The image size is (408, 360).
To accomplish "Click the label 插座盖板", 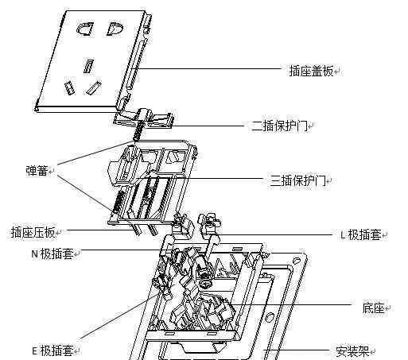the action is click(311, 71).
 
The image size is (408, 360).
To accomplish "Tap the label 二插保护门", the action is click(279, 126).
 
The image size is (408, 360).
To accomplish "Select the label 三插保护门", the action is click(297, 180).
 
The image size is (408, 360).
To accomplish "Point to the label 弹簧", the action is click(37, 170).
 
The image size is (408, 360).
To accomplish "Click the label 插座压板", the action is click(33, 232).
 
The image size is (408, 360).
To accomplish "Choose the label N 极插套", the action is click(52, 254).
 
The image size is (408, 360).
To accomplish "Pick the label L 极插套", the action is click(360, 234).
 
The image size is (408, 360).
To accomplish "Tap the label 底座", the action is click(373, 308).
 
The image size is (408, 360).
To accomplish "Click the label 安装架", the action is click(352, 351).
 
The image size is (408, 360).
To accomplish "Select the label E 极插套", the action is click(52, 350).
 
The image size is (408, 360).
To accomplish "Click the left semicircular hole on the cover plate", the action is click(85, 29).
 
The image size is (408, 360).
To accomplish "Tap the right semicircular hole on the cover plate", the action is click(115, 29).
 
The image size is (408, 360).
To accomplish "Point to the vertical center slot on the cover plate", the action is click(88, 66).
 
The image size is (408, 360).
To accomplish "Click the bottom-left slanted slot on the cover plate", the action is click(69, 88).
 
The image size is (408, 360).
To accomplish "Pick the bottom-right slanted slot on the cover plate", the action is click(94, 87).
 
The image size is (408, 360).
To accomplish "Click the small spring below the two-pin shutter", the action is click(138, 130).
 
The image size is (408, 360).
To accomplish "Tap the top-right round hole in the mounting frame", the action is click(297, 261).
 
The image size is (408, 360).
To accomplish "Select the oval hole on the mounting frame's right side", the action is click(270, 317).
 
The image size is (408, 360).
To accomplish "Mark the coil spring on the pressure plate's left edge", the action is click(118, 202).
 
